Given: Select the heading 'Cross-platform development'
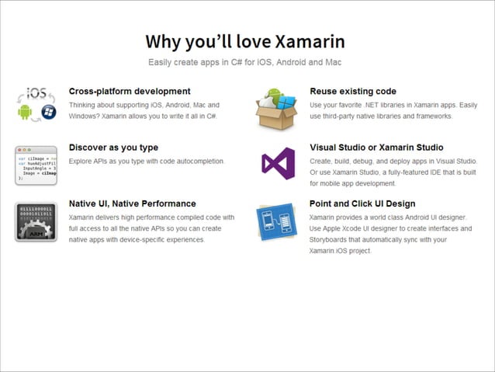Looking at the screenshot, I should pyautogui.click(x=130, y=91).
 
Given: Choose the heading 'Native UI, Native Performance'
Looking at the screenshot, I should pyautogui.click(x=133, y=203).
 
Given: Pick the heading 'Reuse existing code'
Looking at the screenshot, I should pyautogui.click(x=353, y=91).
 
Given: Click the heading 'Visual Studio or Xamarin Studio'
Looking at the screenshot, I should pyautogui.click(x=376, y=147).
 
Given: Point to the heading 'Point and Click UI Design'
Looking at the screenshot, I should pyautogui.click(x=362, y=203).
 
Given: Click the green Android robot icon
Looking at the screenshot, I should pyautogui.click(x=24, y=113).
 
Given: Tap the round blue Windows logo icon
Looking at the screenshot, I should pyautogui.click(x=48, y=112).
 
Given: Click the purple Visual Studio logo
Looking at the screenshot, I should pyautogui.click(x=277, y=163).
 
